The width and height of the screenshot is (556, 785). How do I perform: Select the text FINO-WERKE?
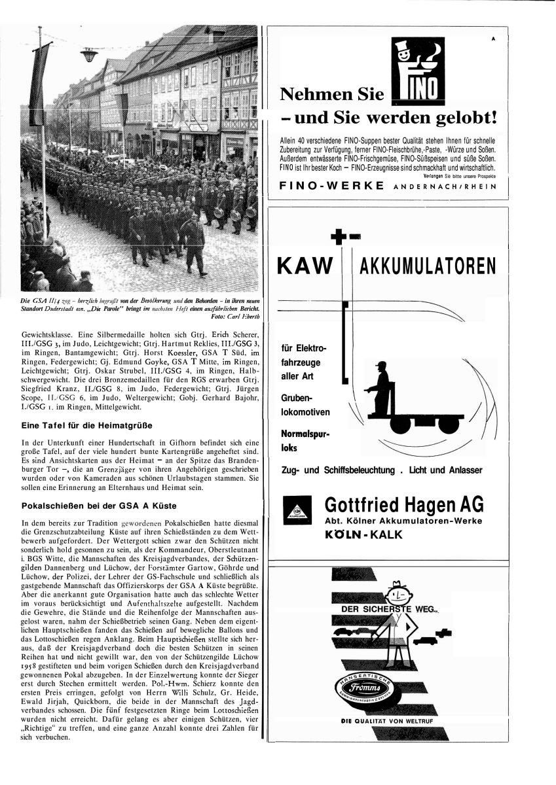[331, 186]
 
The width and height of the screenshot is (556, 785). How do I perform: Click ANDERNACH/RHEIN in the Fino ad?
[443, 186]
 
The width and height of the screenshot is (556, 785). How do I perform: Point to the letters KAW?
[306, 267]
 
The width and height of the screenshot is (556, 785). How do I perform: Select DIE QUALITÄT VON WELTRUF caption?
[386, 722]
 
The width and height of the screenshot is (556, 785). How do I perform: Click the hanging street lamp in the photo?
[89, 55]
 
